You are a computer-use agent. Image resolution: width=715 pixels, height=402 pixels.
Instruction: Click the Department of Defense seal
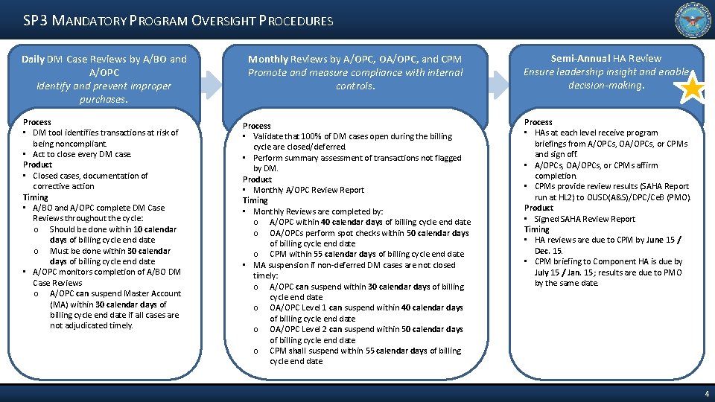click(x=693, y=20)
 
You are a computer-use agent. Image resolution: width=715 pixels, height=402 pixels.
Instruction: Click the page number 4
click(x=706, y=393)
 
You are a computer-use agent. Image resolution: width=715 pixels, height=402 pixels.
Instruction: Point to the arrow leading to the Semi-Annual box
click(x=498, y=84)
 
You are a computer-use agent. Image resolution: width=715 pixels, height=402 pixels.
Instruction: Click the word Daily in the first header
click(x=33, y=59)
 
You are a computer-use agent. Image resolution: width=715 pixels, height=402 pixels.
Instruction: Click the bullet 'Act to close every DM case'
click(x=82, y=154)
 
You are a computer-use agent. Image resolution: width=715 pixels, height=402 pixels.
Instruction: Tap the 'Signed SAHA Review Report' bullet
click(x=585, y=219)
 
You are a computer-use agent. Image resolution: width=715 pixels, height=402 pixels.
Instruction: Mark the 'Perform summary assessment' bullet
click(x=357, y=158)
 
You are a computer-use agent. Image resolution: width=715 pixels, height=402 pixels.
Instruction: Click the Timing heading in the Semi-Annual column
click(x=536, y=229)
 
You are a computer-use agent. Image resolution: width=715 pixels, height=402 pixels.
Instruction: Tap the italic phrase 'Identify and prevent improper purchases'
click(x=104, y=92)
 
